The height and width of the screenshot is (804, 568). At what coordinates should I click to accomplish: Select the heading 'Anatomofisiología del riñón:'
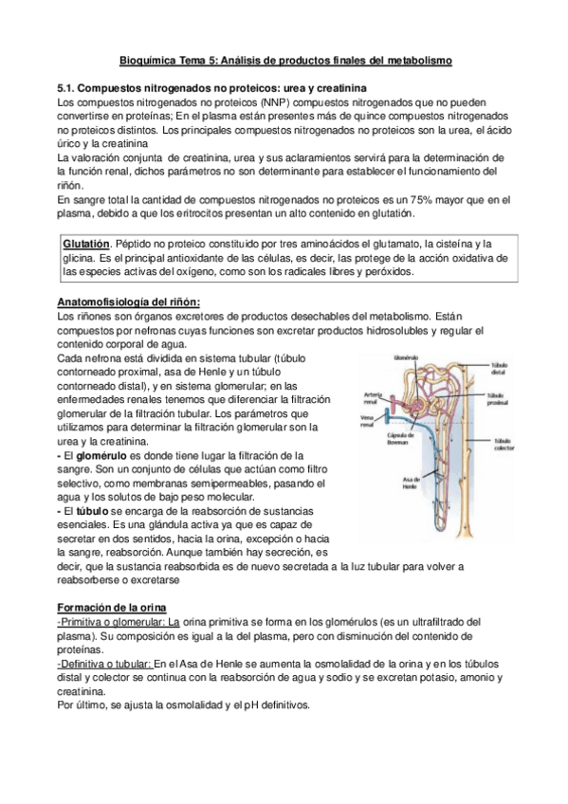pyautogui.click(x=129, y=301)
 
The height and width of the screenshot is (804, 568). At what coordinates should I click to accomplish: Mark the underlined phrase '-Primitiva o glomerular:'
pyautogui.click(x=113, y=621)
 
